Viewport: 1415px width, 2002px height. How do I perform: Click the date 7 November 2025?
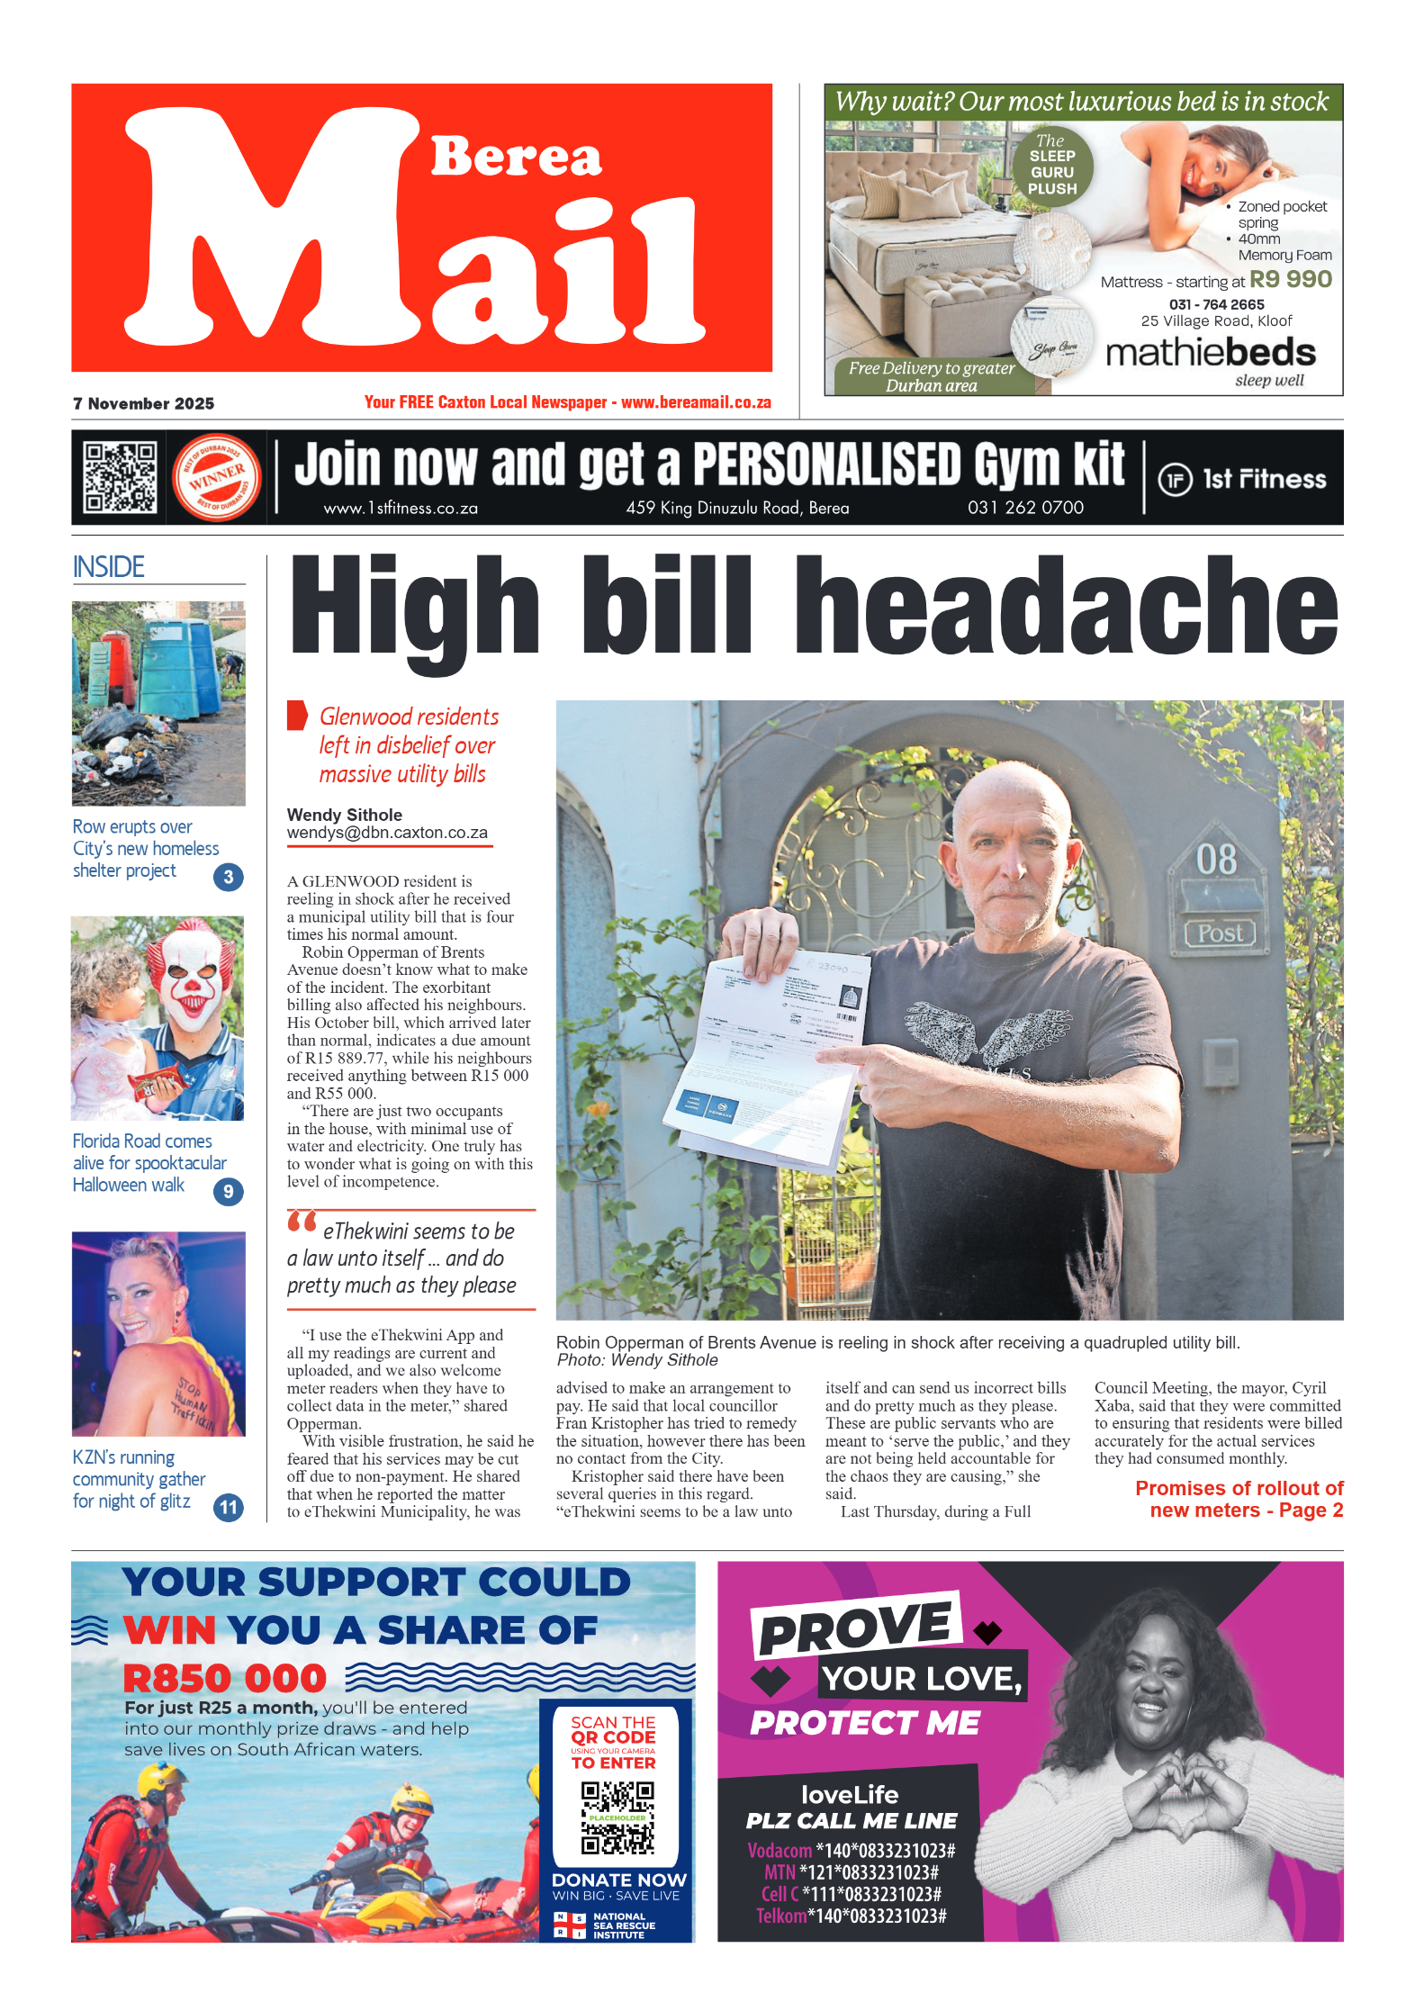[144, 403]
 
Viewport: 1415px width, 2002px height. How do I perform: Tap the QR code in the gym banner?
[120, 477]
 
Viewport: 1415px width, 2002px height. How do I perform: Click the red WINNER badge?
[216, 478]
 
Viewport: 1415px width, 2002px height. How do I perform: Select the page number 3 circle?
[229, 877]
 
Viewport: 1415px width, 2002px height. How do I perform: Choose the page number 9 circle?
[229, 1192]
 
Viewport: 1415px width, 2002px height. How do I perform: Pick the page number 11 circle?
[229, 1507]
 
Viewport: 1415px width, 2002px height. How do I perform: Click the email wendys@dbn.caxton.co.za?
[387, 834]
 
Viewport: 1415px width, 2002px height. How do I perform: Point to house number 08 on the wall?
[1216, 860]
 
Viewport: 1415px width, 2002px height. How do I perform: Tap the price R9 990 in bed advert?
[1291, 280]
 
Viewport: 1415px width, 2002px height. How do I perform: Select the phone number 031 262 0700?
[1025, 508]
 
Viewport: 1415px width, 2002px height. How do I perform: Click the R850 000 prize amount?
[225, 1679]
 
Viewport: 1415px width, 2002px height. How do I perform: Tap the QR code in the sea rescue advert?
[617, 1817]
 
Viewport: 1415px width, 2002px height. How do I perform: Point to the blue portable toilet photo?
[158, 703]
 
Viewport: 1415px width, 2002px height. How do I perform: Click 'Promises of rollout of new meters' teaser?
[1239, 1499]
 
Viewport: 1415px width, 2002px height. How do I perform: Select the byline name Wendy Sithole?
[344, 815]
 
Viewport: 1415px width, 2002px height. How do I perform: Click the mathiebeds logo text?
[1211, 353]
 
